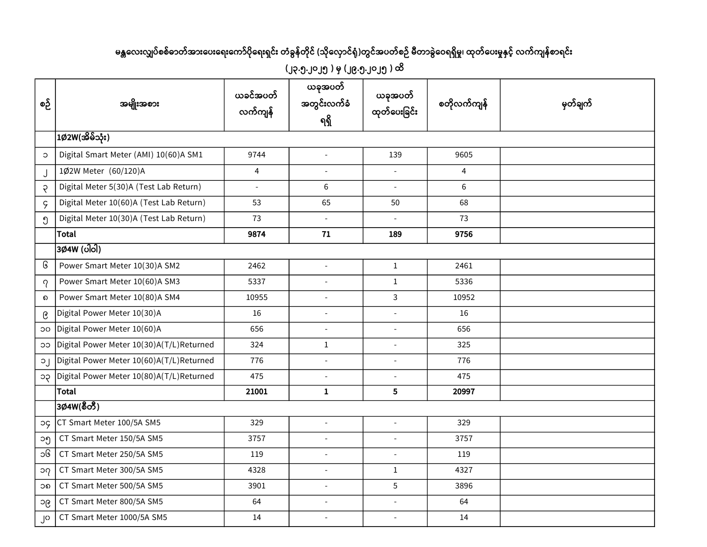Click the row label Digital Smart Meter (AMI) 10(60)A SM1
pos(131,155)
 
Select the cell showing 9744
pos(257,155)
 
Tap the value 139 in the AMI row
pos(395,155)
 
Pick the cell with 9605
pos(464,155)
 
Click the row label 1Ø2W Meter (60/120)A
pos(102,171)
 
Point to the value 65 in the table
pos(326,203)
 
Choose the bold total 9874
pos(257,234)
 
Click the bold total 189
pos(395,234)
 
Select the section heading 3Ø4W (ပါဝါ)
pos(79,250)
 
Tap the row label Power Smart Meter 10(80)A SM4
pos(120,297)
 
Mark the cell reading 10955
pos(257,297)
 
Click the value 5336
pos(464,282)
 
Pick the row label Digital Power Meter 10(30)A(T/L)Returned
pos(135,345)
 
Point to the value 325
pos(464,345)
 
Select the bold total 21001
pos(257,392)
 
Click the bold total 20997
pos(464,392)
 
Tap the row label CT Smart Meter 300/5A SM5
pos(111,470)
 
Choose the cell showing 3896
pos(464,486)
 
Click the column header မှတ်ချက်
pos(577,104)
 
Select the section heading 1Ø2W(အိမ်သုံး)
pos(83,138)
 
